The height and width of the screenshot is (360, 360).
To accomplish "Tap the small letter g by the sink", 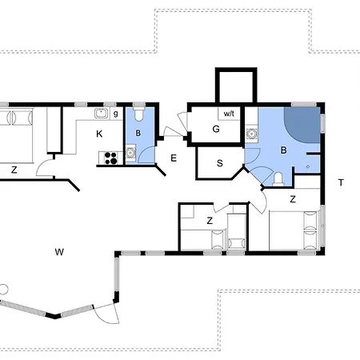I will (116, 114).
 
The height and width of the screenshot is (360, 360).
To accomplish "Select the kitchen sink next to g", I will (102, 114).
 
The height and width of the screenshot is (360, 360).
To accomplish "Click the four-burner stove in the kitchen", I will (110, 157).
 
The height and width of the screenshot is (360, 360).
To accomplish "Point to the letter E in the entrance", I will (174, 158).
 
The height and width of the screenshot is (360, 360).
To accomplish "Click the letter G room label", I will (216, 130).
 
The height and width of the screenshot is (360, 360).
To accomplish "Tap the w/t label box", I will (230, 114).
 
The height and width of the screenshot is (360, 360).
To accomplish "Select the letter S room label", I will (219, 163).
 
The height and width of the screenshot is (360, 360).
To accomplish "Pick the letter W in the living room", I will (59, 252).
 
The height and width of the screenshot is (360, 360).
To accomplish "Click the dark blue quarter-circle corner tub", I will (303, 123).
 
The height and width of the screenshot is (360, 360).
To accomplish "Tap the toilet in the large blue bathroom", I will (276, 178).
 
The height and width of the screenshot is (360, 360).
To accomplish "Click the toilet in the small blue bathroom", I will (138, 111).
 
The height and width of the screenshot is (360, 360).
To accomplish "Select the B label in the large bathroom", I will (282, 150).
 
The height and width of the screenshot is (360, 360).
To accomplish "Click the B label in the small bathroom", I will (138, 133).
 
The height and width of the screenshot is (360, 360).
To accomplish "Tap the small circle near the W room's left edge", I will (3, 288).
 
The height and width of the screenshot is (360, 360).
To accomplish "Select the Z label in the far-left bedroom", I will (14, 170).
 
